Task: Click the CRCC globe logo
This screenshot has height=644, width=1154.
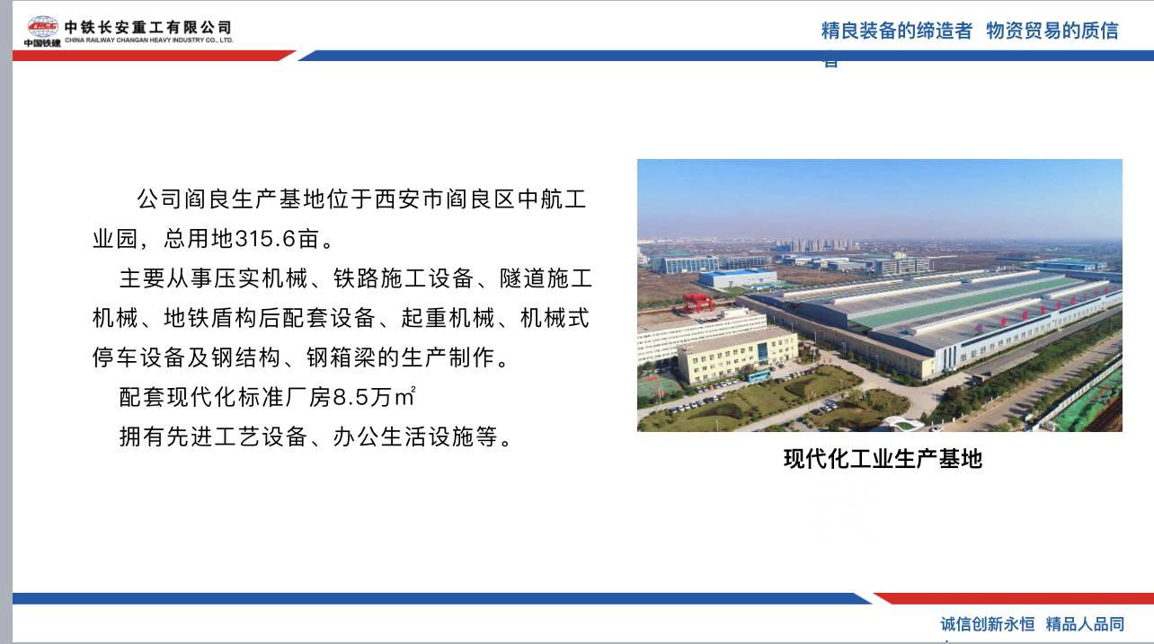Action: pyautogui.click(x=42, y=26)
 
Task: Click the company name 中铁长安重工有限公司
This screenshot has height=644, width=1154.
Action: pyautogui.click(x=147, y=26)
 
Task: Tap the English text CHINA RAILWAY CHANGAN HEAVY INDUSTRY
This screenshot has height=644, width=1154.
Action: pyautogui.click(x=148, y=40)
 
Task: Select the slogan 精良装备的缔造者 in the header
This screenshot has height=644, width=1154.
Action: pyautogui.click(x=896, y=31)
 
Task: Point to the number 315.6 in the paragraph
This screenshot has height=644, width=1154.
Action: pyautogui.click(x=266, y=240)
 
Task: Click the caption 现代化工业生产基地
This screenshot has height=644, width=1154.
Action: pyautogui.click(x=882, y=459)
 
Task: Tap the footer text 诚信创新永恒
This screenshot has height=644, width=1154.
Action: pyautogui.click(x=987, y=624)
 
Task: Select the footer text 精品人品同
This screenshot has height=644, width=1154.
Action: pyautogui.click(x=1085, y=624)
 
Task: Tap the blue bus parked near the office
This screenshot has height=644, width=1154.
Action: pyautogui.click(x=758, y=375)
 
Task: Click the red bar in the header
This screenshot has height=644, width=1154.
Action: pyautogui.click(x=153, y=56)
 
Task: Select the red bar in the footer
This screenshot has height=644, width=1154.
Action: pyautogui.click(x=1011, y=598)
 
